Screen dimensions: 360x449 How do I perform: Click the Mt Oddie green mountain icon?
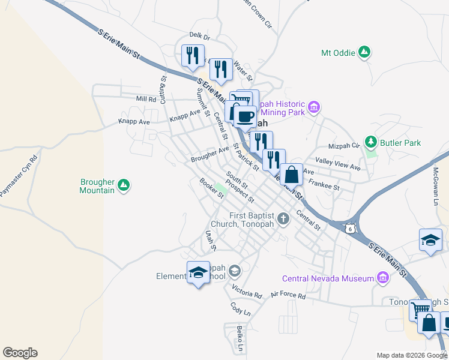point(364,53)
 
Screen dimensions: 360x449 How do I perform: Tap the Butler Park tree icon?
point(372,142)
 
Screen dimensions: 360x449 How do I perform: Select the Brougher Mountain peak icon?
point(124,185)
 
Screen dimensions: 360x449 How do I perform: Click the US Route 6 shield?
point(350,228)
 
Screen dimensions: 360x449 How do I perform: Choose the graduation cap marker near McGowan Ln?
point(430,241)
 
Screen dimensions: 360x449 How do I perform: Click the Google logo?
point(20,353)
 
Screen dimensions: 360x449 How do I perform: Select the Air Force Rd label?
point(288,296)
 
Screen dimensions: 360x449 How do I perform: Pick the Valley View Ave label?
point(337,163)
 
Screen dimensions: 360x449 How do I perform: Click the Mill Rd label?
point(146,99)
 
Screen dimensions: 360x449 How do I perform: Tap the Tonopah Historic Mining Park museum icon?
point(312,108)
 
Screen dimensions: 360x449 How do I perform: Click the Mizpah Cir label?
point(343,145)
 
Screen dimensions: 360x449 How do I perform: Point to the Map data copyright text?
point(411,355)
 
